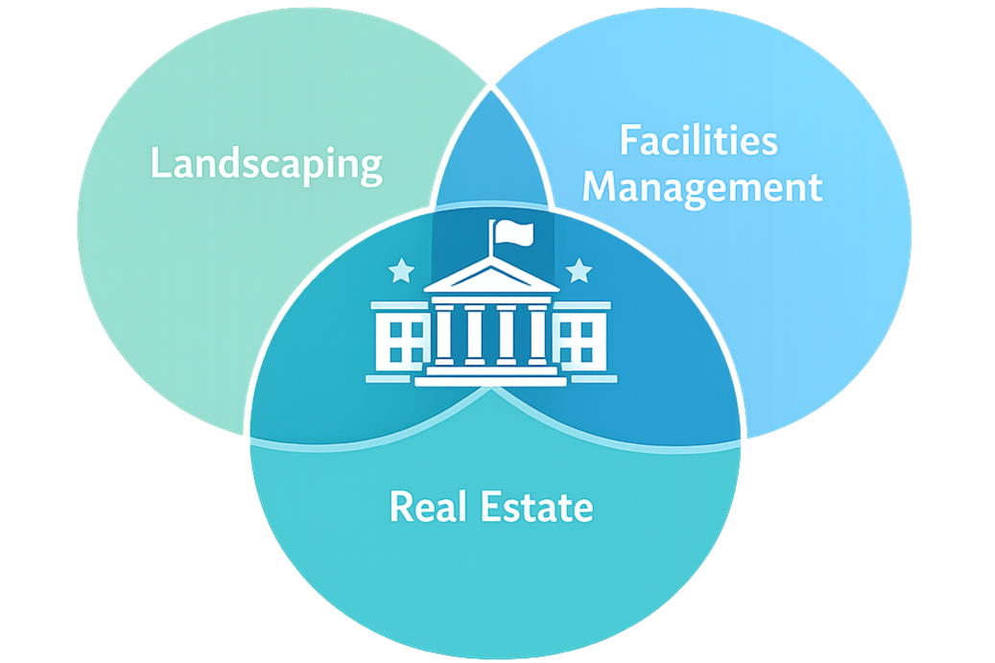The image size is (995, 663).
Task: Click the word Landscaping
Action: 266,164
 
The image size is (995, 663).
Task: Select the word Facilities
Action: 698,141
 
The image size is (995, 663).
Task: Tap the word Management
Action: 702,186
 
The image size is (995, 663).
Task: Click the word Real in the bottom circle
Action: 426,506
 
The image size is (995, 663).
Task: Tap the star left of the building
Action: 400,272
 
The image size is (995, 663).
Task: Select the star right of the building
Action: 579,272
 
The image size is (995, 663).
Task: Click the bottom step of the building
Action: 490,381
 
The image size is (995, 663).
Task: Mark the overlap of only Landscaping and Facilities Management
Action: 492,158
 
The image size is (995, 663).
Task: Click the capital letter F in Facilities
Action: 628,141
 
